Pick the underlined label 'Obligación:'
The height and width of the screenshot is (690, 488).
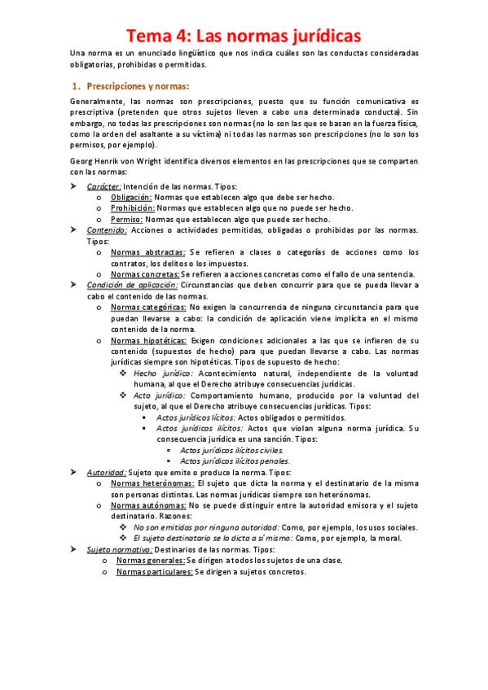click(131, 198)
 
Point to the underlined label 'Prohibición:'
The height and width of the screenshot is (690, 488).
click(133, 208)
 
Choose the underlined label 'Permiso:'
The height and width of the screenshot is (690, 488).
click(126, 220)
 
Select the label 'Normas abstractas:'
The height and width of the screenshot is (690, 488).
click(147, 252)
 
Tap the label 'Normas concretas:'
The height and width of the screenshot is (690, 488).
click(145, 274)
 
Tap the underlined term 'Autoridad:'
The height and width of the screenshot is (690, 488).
click(106, 472)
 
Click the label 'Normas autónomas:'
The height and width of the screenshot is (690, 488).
click(146, 504)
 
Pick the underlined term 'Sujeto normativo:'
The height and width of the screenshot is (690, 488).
click(119, 550)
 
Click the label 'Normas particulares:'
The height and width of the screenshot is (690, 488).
click(154, 571)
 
